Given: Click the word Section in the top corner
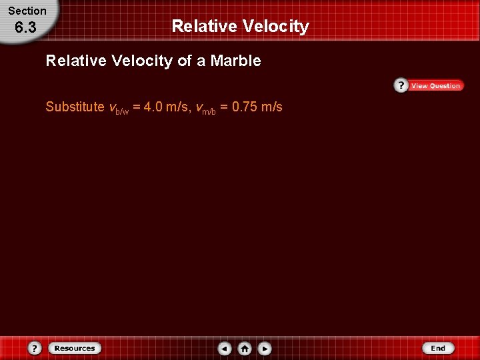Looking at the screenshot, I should [27, 11].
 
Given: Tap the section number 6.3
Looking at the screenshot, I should [25, 29].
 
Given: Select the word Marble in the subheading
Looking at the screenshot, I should [236, 61].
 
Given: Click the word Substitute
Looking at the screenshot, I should [75, 107].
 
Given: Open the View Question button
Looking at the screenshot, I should [435, 85].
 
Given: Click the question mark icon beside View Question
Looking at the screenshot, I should [401, 85].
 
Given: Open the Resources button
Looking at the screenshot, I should [75, 348].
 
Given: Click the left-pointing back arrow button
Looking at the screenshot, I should [225, 348].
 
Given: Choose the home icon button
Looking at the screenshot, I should [245, 348].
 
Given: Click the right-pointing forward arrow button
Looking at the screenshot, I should [265, 348].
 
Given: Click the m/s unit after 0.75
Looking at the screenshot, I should [271, 107].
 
